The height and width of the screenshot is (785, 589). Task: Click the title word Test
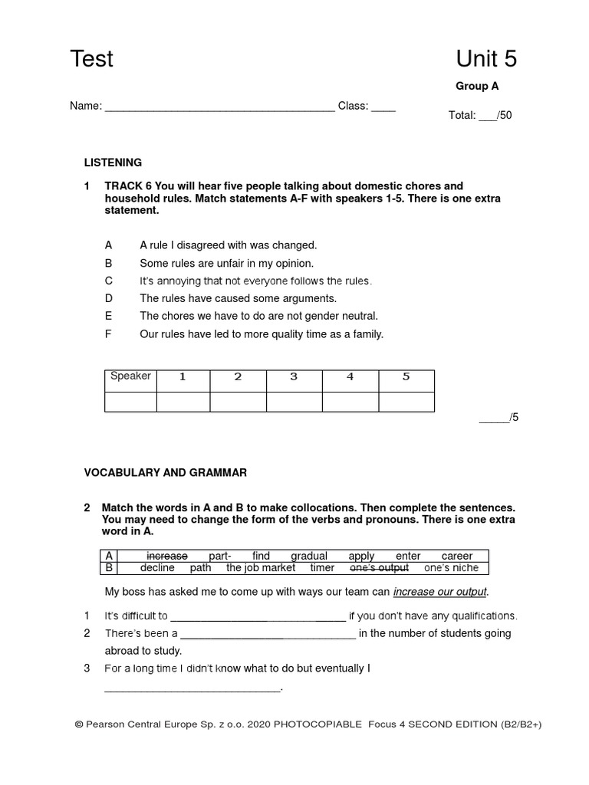91,58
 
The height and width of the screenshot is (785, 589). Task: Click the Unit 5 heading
486,58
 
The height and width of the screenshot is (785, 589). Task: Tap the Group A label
477,87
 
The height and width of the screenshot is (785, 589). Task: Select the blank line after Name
219,107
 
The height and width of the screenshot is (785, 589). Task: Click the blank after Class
383,107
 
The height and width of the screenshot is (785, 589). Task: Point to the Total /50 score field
480,116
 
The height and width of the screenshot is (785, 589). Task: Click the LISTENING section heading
113,163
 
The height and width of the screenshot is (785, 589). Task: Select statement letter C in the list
109,281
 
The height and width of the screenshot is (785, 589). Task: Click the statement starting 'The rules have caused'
238,298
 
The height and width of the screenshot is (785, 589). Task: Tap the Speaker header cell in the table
131,376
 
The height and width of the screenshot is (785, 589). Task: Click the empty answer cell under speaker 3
294,402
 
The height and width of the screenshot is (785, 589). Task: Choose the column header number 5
406,376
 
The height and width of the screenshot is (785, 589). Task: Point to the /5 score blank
499,418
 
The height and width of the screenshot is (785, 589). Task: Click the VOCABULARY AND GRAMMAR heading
166,473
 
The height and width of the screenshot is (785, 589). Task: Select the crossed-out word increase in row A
166,556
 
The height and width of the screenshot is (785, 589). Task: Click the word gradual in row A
309,556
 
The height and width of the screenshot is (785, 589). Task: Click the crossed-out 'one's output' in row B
379,568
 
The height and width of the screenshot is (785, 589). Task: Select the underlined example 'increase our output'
440,592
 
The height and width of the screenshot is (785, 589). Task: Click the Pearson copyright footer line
308,724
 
